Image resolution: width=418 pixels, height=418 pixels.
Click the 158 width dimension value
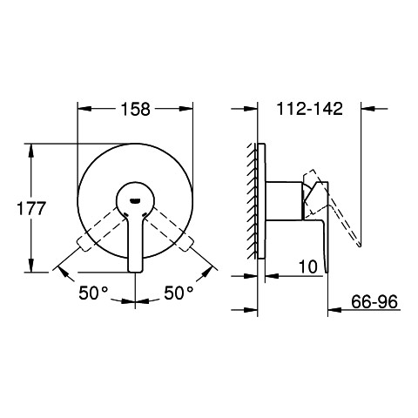[x=136, y=110]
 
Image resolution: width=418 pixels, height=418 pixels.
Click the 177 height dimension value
[x=31, y=208]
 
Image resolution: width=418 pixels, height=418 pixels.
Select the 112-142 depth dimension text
[x=310, y=109]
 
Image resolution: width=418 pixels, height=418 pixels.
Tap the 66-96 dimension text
[x=374, y=302]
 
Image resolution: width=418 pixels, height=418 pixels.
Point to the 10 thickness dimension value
[x=308, y=266]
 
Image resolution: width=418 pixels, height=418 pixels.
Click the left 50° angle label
[x=93, y=293]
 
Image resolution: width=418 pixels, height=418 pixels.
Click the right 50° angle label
[x=179, y=293]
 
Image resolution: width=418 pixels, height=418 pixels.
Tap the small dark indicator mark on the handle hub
[x=136, y=200]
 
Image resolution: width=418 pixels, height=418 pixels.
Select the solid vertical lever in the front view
[x=135, y=242]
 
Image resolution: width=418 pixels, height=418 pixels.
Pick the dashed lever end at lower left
[x=84, y=243]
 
